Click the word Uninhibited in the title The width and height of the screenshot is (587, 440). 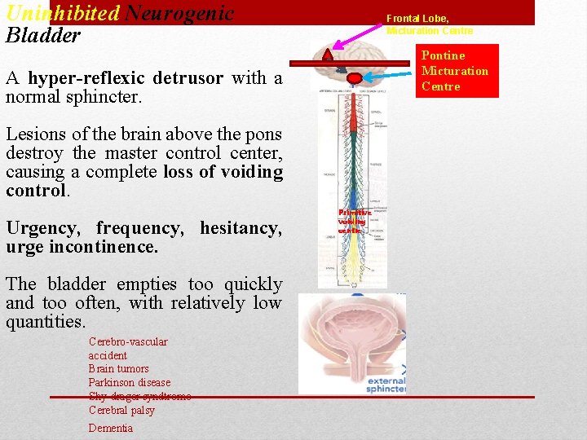(x=62, y=13)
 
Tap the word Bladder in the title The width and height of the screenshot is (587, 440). (x=43, y=36)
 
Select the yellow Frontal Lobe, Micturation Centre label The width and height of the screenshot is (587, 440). (x=429, y=24)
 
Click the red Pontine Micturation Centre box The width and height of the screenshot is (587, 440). (x=455, y=71)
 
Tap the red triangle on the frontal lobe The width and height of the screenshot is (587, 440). (x=328, y=55)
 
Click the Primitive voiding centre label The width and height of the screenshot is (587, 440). (x=354, y=221)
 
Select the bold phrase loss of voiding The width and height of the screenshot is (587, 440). (x=223, y=172)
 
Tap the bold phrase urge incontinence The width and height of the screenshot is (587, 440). (x=82, y=246)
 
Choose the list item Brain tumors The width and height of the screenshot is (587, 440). (x=118, y=369)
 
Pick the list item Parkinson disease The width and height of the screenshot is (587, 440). (x=129, y=383)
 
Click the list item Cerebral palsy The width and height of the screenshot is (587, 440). (x=121, y=411)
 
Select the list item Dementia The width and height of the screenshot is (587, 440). (x=110, y=429)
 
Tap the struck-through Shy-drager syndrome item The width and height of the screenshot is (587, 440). (x=139, y=397)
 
